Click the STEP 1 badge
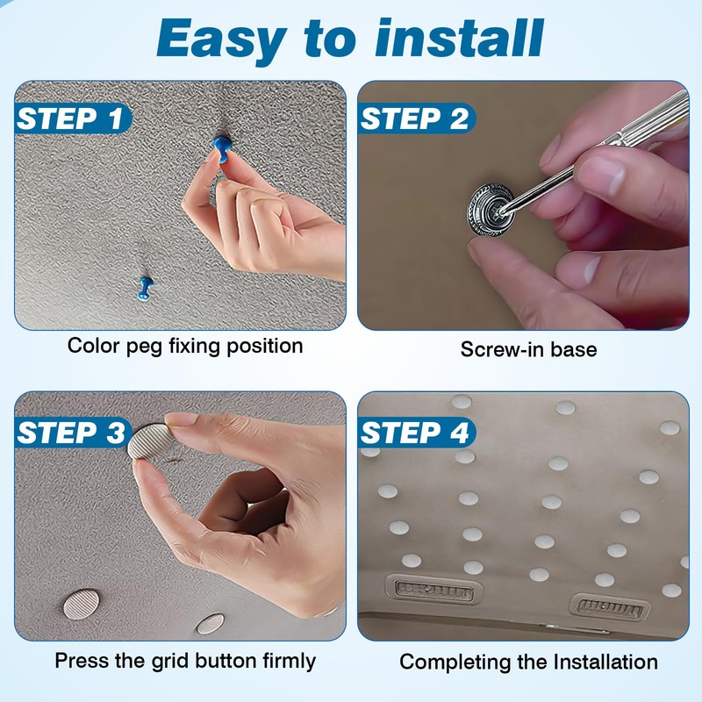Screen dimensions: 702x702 [73, 119]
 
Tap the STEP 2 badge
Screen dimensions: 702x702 [416, 119]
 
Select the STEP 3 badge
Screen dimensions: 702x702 [73, 433]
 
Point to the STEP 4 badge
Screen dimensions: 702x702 [416, 433]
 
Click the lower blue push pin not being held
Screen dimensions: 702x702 [145, 289]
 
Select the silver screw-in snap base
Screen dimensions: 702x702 [491, 209]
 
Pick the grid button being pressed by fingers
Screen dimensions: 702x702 [151, 442]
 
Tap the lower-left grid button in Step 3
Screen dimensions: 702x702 [81, 605]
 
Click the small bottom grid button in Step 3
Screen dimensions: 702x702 [211, 624]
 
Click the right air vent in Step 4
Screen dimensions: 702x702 [610, 607]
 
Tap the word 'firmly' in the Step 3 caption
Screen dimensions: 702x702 [290, 662]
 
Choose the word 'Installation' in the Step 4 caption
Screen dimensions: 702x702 [605, 663]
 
